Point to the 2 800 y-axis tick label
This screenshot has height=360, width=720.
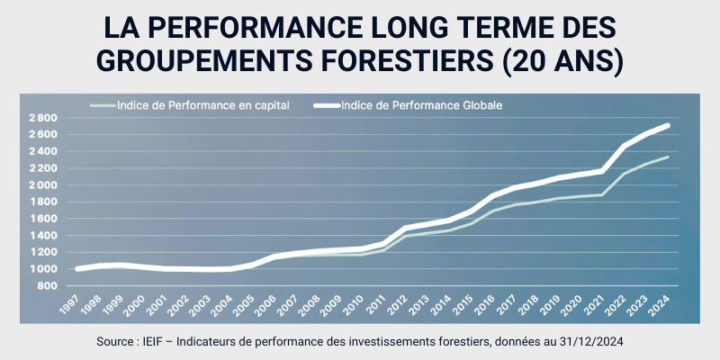point(42,118)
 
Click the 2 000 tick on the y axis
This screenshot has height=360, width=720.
point(42,185)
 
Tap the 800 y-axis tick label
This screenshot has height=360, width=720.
point(48,286)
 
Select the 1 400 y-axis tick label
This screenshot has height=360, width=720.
point(42,236)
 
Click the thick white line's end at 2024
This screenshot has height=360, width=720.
point(667,126)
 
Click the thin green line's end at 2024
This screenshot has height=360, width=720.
point(667,157)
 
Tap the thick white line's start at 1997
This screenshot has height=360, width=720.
point(79,269)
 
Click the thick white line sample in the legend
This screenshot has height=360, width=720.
point(338,105)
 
